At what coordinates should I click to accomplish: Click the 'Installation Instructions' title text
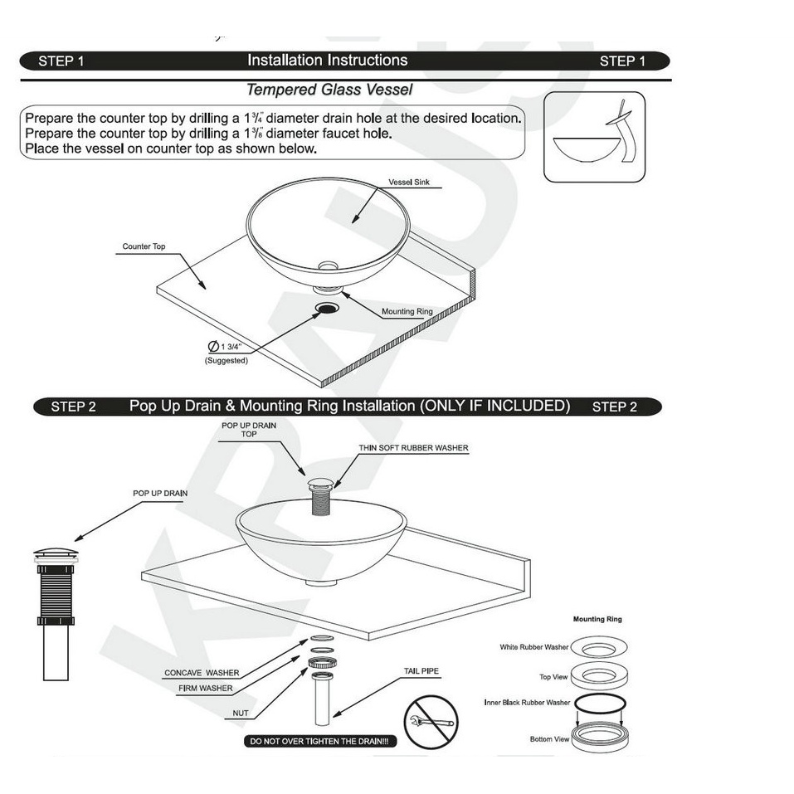pyautogui.click(x=327, y=61)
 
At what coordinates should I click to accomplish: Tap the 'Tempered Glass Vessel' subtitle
pyautogui.click(x=329, y=90)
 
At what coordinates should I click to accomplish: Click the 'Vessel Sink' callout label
pyautogui.click(x=409, y=183)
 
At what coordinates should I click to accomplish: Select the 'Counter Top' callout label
pyautogui.click(x=144, y=246)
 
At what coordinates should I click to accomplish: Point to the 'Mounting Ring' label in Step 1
pyautogui.click(x=407, y=311)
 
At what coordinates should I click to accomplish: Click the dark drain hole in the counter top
pyautogui.click(x=327, y=308)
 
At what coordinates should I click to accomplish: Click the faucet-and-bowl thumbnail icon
pyautogui.click(x=594, y=137)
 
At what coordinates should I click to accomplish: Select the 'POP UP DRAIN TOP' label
pyautogui.click(x=249, y=430)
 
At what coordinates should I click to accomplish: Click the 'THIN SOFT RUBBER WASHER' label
pyautogui.click(x=413, y=448)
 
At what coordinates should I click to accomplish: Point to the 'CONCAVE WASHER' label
pyautogui.click(x=202, y=673)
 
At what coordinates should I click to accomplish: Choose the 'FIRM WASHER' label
pyautogui.click(x=205, y=688)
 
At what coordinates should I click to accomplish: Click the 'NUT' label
pyautogui.click(x=241, y=713)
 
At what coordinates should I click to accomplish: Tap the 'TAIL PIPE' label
pyautogui.click(x=421, y=671)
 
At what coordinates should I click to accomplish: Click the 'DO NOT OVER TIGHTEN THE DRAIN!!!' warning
pyautogui.click(x=319, y=742)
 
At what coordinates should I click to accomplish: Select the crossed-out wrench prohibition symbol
pyautogui.click(x=431, y=722)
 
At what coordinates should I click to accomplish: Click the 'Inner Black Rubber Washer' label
pyautogui.click(x=527, y=703)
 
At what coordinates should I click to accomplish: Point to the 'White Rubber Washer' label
pyautogui.click(x=533, y=646)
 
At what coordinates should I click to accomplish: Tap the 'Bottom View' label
pyautogui.click(x=549, y=739)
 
